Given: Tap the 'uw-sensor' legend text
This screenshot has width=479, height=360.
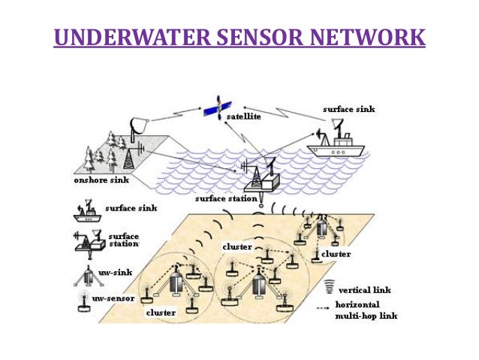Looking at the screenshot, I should click(113, 298).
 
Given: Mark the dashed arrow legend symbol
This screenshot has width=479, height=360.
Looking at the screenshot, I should click(327, 306).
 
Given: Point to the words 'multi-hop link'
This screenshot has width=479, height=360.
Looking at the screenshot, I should click(367, 316).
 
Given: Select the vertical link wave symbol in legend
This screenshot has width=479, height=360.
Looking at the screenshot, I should click(327, 287).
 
